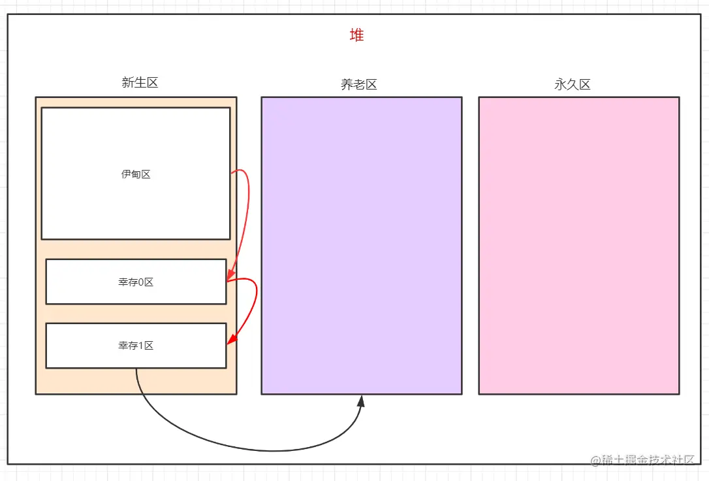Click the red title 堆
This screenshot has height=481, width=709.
(x=356, y=35)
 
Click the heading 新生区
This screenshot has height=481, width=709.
(x=140, y=82)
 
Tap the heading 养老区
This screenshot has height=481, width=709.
(x=359, y=84)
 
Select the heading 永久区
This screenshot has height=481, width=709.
(x=573, y=84)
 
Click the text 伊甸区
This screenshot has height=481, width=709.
(x=136, y=174)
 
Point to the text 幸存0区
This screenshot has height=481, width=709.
(x=136, y=282)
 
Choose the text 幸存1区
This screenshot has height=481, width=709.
(x=136, y=346)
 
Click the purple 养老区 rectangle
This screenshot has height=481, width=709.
(x=361, y=245)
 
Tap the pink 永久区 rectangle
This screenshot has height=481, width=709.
(x=578, y=245)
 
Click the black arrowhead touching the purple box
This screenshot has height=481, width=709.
(x=360, y=400)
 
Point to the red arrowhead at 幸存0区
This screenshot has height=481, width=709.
(x=230, y=277)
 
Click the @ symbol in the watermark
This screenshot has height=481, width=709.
(x=595, y=460)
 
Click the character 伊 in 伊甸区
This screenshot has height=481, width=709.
(x=126, y=174)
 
